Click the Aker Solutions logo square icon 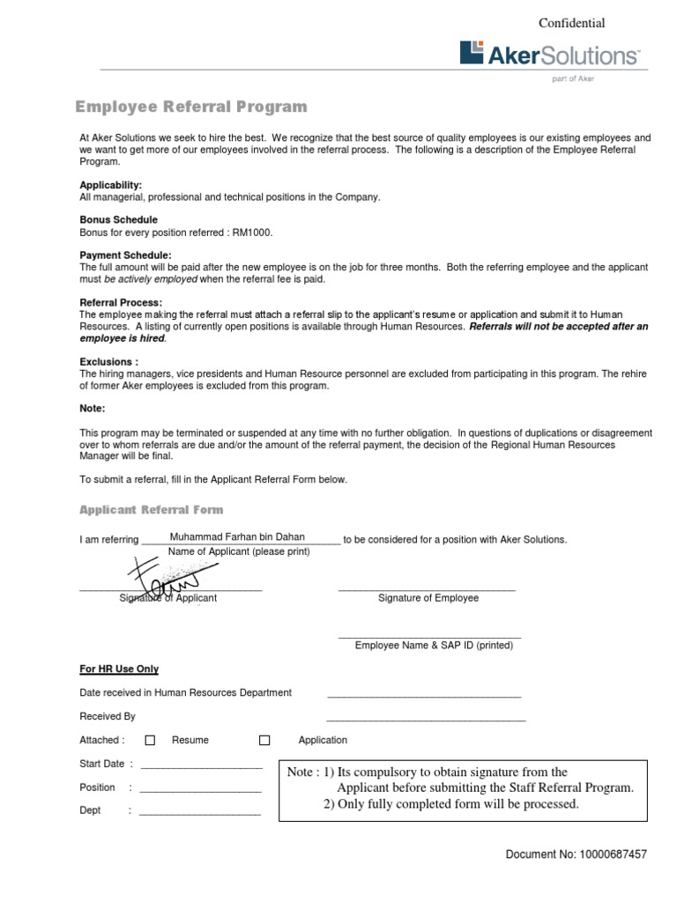[472, 53]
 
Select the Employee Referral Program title [191, 107]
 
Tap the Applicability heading [110, 186]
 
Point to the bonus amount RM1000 [252, 232]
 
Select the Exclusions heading [108, 362]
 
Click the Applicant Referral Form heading [152, 510]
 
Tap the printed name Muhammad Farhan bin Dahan [237, 536]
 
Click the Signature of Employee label [428, 598]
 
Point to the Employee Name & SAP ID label [434, 646]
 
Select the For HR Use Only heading [119, 669]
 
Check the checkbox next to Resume [150, 741]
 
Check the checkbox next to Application [264, 741]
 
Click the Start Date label [102, 764]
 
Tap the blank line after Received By [426, 720]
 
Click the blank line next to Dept [200, 812]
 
